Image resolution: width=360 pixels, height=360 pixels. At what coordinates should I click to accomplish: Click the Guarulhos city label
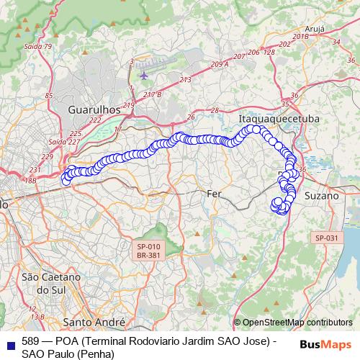pos(92,109)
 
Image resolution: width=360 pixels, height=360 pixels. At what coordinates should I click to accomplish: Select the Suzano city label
pos(321,195)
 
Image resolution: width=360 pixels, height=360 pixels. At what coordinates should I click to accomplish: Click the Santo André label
pos(95,321)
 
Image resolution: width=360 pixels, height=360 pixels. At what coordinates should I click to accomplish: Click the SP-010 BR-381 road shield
pos(150,249)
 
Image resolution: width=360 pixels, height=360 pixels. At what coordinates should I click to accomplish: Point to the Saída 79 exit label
pos(37,46)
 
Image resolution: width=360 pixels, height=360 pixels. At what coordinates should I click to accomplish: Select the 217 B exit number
pos(153,94)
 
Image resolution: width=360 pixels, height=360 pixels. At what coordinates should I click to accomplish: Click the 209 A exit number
pos(220,64)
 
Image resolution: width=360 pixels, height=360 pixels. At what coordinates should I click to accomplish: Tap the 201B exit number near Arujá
pos(301,35)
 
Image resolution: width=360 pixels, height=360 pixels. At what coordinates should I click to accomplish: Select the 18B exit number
pos(30,181)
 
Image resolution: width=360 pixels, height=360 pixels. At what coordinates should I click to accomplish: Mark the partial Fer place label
pos(214,194)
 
